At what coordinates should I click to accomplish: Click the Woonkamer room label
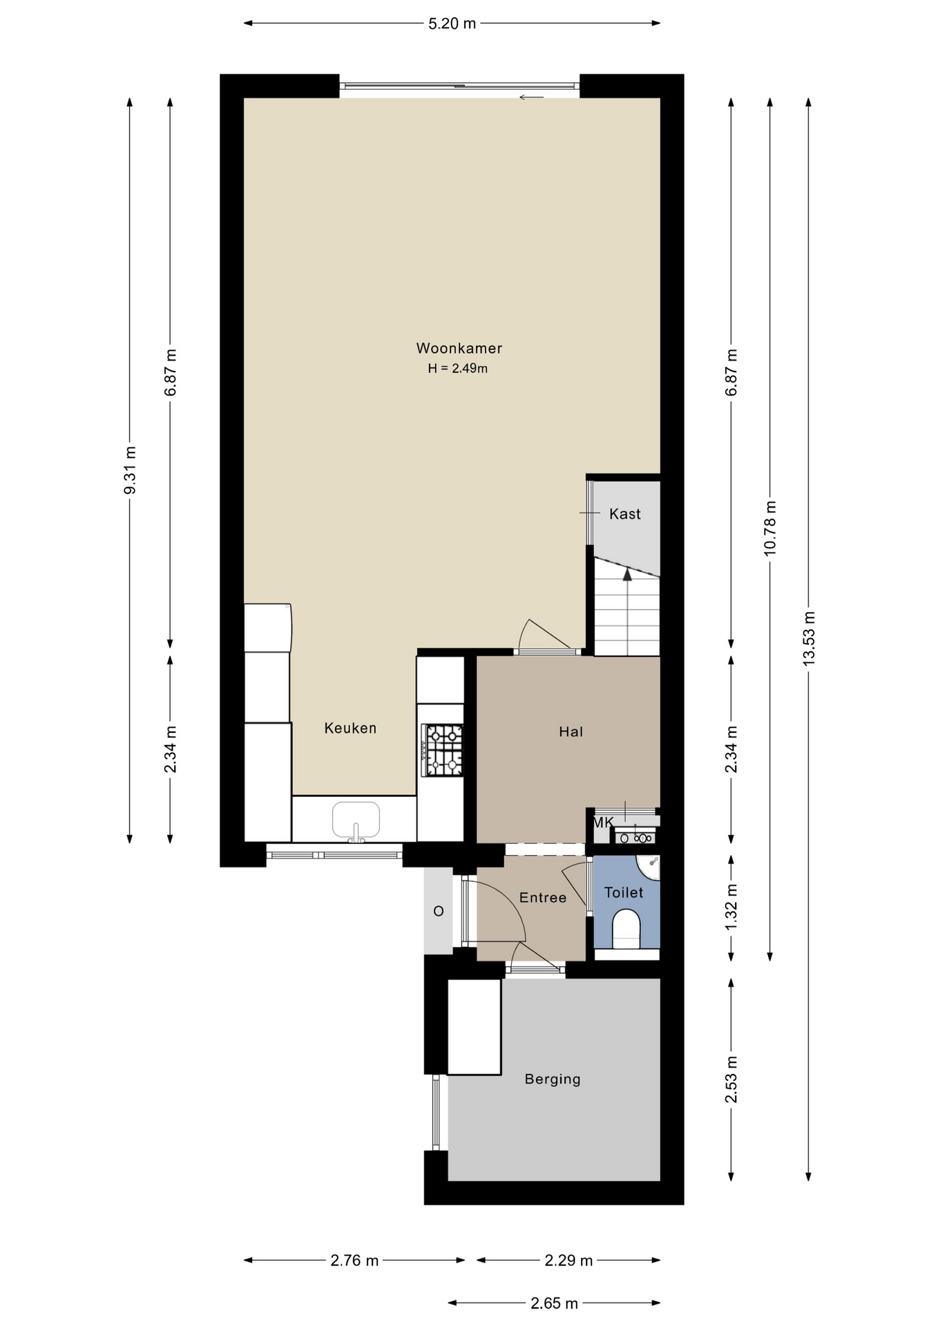pos(459,348)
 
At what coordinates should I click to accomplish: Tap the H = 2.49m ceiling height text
pos(457,368)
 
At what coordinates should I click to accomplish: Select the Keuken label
pos(350,728)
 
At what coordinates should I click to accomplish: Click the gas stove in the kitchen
pos(443,749)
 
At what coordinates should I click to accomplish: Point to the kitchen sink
pos(356,821)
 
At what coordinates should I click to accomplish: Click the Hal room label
pos(571,731)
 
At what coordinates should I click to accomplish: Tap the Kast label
pos(624,514)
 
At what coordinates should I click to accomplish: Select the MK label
pos(603,823)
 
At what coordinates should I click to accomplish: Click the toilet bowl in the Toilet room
pos(626,929)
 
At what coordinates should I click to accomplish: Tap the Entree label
pos(543,897)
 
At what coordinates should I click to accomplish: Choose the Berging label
pos(553,1079)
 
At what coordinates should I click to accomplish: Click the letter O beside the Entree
pos(438,911)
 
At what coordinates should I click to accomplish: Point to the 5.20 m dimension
pos(452,23)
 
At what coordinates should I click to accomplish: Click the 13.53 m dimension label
pos(809,638)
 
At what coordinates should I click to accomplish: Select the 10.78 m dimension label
pos(770,528)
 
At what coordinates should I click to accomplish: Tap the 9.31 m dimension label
pos(129,470)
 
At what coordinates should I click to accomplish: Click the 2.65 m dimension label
pos(554,1303)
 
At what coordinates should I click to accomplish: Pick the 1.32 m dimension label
pos(731,907)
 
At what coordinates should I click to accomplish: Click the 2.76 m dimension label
pos(354,1260)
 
